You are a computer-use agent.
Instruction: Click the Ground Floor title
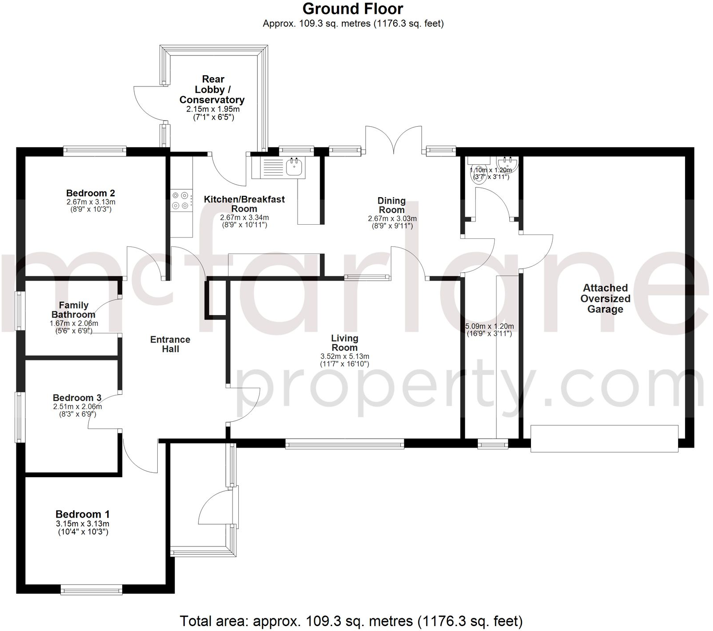pyautogui.click(x=353, y=9)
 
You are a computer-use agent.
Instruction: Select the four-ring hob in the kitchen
pyautogui.click(x=182, y=200)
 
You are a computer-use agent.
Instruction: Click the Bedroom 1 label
pyautogui.click(x=82, y=514)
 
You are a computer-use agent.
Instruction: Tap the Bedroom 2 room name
pyautogui.click(x=90, y=193)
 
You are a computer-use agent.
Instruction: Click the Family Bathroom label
pyautogui.click(x=74, y=310)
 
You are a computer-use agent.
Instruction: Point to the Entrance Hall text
pyautogui.click(x=170, y=344)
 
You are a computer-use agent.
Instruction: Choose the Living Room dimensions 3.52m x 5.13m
pyautogui.click(x=345, y=356)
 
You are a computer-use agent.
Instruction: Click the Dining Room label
pyautogui.click(x=391, y=205)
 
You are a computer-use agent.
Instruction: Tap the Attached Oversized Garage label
pyautogui.click(x=605, y=299)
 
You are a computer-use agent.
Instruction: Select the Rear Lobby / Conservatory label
pyautogui.click(x=212, y=90)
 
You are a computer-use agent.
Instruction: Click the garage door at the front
pyautogui.click(x=604, y=439)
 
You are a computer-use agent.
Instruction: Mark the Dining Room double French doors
pyautogui.click(x=393, y=140)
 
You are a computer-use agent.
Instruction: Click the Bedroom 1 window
pyautogui.click(x=91, y=589)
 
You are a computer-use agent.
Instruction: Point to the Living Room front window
pyautogui.click(x=345, y=444)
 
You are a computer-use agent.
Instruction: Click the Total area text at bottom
pyautogui.click(x=351, y=621)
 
